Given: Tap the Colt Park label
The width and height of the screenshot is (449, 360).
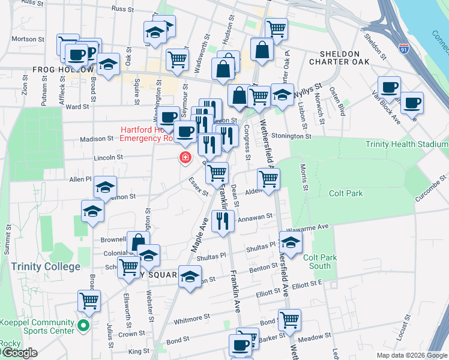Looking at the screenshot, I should (x=346, y=194).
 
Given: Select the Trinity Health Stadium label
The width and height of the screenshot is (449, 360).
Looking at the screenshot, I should (x=407, y=144).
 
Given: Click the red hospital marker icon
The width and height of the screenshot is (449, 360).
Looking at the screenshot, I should (x=185, y=158).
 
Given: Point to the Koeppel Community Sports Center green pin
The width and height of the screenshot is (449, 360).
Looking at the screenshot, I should (x=83, y=327).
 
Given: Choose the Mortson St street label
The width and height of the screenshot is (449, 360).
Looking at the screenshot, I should (x=25, y=39).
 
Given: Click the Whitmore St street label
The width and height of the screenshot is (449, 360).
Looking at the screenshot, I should (x=191, y=319).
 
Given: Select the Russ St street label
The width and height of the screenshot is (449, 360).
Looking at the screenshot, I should (x=122, y=10).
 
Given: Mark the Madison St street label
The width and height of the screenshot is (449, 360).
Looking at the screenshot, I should (x=97, y=139).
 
